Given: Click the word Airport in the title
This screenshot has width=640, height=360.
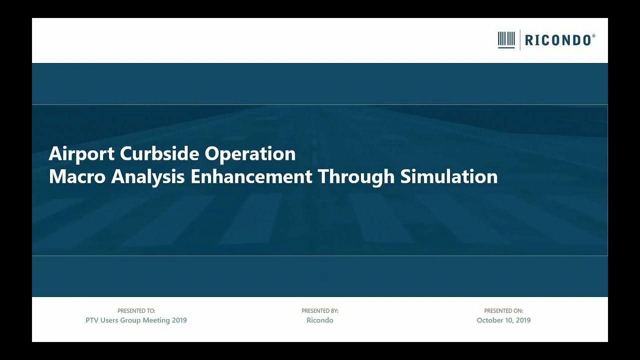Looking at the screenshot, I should (x=82, y=154).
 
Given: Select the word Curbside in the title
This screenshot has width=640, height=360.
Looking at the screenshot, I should (x=160, y=154).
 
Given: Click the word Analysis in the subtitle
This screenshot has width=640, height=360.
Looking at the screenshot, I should (x=148, y=177).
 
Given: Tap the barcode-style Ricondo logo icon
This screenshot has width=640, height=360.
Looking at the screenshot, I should (x=506, y=40).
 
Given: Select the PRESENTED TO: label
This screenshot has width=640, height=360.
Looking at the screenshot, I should (x=136, y=311).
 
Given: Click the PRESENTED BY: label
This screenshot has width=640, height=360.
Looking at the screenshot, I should (x=320, y=311).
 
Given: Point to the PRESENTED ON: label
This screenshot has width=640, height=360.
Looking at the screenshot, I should (x=503, y=311).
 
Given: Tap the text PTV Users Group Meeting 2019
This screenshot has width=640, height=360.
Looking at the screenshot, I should (x=136, y=320).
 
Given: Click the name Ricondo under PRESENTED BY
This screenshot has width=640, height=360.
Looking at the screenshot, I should (x=320, y=320).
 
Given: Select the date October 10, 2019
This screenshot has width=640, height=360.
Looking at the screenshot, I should (x=503, y=320).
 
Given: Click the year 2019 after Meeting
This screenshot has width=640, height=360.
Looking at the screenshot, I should (x=179, y=320).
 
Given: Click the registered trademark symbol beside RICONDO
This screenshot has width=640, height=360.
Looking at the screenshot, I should (x=593, y=36).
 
